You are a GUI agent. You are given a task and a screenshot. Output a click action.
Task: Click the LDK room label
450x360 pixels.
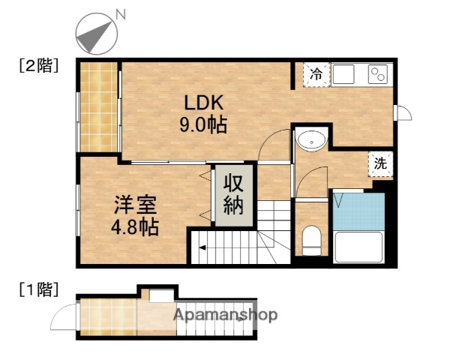tap(200, 103)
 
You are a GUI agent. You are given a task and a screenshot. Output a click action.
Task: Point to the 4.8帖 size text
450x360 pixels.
tap(135, 226)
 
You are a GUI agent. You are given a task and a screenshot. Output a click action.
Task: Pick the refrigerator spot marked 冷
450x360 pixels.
tap(316, 74)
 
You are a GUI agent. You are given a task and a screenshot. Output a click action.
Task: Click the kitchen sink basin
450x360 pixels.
tap(345, 74)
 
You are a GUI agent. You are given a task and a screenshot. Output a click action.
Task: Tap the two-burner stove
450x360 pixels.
tap(376, 74)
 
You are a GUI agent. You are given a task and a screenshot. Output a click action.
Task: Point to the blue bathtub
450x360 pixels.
tap(358, 211)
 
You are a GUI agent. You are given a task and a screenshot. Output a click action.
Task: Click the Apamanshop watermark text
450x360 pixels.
tap(226, 315)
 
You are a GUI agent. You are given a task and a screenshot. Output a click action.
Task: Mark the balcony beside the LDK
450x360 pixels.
tap(99, 106)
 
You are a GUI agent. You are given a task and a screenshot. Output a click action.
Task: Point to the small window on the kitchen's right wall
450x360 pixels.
tap(403, 112)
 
